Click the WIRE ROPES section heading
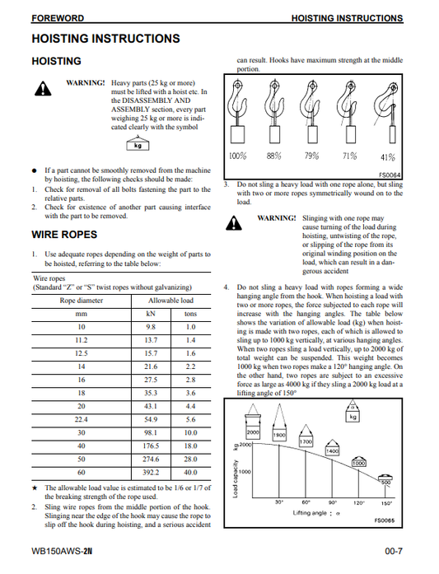(64, 234)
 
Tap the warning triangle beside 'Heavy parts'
(43, 89)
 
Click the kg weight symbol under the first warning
(138, 145)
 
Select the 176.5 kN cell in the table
(151, 446)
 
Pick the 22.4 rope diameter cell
(82, 419)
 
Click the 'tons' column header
(190, 314)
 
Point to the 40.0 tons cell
(190, 472)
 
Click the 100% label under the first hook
(238, 156)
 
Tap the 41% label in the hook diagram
(388, 157)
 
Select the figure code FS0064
(390, 175)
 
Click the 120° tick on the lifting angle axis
(359, 503)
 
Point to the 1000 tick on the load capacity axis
(245, 472)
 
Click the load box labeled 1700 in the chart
(306, 441)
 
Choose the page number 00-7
(394, 551)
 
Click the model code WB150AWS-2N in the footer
(62, 551)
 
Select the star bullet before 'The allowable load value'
(35, 488)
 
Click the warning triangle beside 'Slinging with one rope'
(234, 223)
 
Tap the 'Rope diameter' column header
(82, 301)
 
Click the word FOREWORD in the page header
(58, 18)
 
